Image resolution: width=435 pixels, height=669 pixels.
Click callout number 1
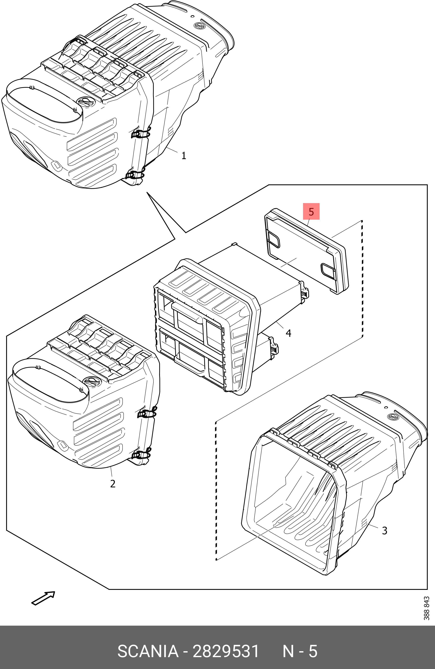(184, 155)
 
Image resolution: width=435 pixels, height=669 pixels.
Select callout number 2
(113, 483)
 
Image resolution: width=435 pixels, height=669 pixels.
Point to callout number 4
(288, 333)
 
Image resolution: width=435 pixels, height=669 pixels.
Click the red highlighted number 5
(311, 212)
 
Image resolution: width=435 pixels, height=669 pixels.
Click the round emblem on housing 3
(392, 417)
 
